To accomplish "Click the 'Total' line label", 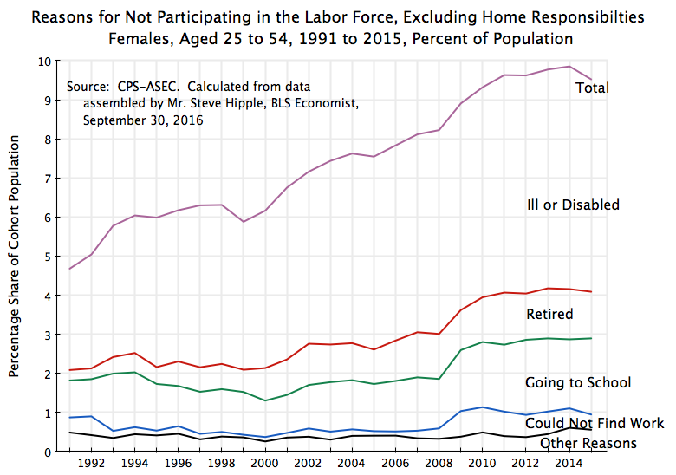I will point(593,88).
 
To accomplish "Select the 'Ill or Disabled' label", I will point(573,205).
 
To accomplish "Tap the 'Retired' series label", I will point(549,313).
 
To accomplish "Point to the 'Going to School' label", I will point(578,382).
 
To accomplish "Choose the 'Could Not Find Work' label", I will point(595,423).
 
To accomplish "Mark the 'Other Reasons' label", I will point(588,443).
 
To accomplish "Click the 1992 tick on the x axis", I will point(92,463).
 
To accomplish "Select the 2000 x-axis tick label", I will point(265,463).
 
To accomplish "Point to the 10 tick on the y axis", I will point(43,62).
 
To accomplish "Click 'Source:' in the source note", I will point(89,87).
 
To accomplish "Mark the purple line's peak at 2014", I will point(569,67).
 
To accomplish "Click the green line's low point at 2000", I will point(265,400).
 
